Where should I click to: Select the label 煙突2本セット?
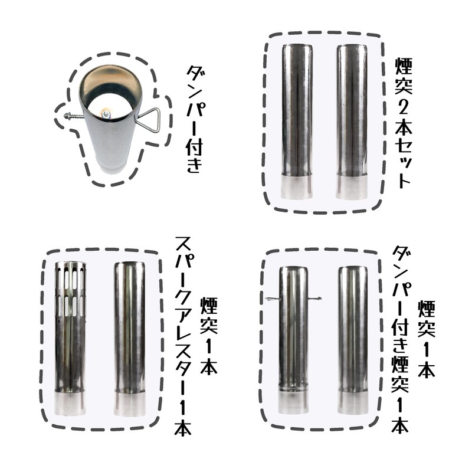[x=403, y=123]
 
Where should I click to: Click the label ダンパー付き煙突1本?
[x=400, y=339]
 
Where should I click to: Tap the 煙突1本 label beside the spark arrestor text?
[x=209, y=336]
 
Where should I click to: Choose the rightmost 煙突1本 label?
[x=426, y=339]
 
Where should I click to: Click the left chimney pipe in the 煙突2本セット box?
[x=297, y=122]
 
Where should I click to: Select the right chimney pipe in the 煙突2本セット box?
[x=352, y=122]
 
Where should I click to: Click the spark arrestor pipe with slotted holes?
[x=70, y=338]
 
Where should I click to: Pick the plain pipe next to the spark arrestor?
[x=129, y=339]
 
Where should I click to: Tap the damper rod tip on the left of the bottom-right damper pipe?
[x=267, y=299]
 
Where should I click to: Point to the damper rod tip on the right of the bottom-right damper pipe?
[x=319, y=299]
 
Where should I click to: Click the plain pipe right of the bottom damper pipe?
[x=352, y=340]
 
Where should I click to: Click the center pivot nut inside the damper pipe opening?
[x=106, y=114]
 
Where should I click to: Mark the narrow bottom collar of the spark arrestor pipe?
[x=70, y=404]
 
